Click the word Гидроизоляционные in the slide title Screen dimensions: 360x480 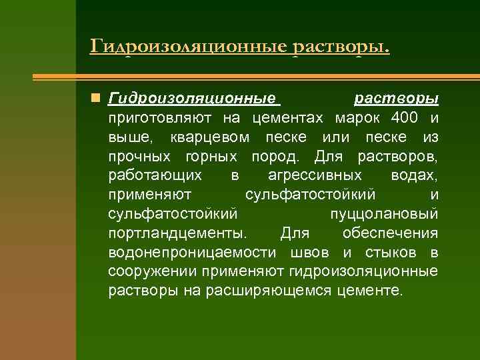click(x=187, y=47)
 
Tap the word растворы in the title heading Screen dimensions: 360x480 click(x=340, y=47)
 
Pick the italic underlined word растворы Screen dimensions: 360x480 click(x=396, y=99)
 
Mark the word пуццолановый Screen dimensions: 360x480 click(x=384, y=214)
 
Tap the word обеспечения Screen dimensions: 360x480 click(x=390, y=233)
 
